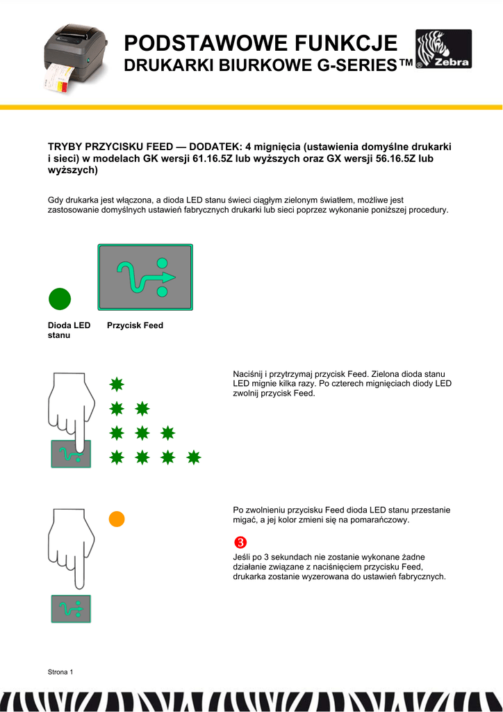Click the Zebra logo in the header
point(443,49)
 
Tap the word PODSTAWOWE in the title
point(197,43)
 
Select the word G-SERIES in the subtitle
point(361,66)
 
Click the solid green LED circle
point(60,299)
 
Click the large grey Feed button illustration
point(145,277)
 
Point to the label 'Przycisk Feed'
point(135,325)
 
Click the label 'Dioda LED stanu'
point(68,330)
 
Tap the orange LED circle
point(117,519)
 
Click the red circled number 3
point(240,542)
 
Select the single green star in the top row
point(117,384)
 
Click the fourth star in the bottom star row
point(194,457)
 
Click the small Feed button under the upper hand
point(71,454)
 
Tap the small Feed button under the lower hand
point(71,608)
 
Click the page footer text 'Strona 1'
point(60,672)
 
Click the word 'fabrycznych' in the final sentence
point(422,576)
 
